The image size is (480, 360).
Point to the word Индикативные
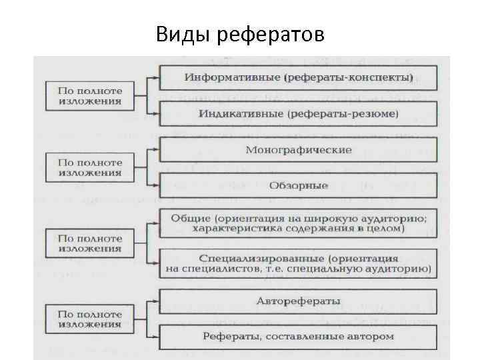click(241, 114)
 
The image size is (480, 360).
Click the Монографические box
click(298, 149)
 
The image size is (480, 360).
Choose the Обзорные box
click(298, 185)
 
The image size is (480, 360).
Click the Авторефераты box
click(298, 301)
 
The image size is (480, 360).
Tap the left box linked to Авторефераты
click(89, 319)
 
